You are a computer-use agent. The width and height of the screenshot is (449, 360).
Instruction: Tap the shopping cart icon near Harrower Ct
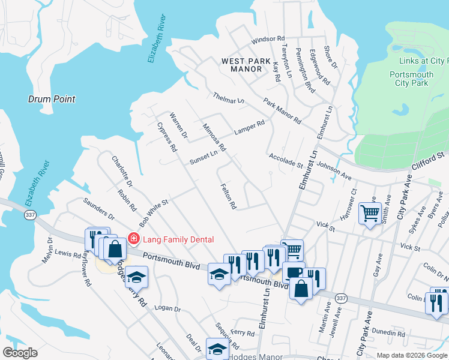click(370, 212)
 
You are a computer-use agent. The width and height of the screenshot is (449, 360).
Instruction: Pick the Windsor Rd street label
click(268, 39)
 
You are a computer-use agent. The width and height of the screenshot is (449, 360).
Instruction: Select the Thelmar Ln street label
click(229, 98)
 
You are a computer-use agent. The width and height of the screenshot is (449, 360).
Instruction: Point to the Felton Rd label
click(228, 196)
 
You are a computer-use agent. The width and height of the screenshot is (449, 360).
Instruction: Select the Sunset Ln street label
click(203, 158)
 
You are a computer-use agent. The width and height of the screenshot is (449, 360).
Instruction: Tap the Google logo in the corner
click(20, 353)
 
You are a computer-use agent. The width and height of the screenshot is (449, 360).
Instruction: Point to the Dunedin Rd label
click(388, 332)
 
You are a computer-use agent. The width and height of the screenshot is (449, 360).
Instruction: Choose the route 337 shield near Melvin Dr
click(29, 214)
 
